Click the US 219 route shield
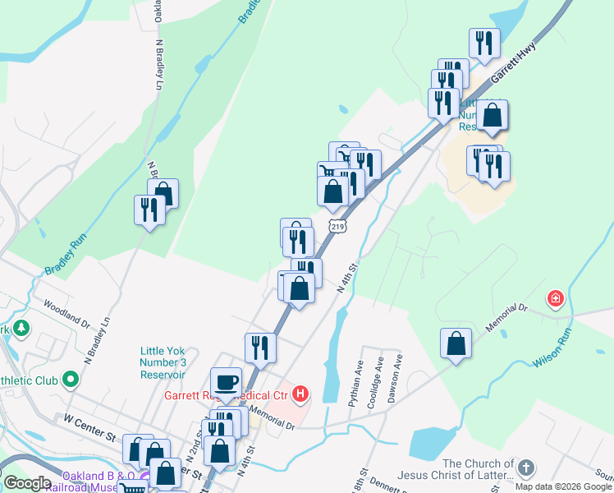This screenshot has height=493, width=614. [337, 225]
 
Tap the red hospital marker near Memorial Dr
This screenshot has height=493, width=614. [556, 297]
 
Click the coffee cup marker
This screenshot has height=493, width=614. [226, 382]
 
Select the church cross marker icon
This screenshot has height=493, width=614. [525, 468]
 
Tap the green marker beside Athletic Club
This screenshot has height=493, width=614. [70, 380]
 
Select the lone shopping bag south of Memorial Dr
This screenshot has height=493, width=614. [456, 343]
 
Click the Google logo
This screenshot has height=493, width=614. [27, 483]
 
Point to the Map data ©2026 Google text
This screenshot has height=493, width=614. [563, 486]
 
